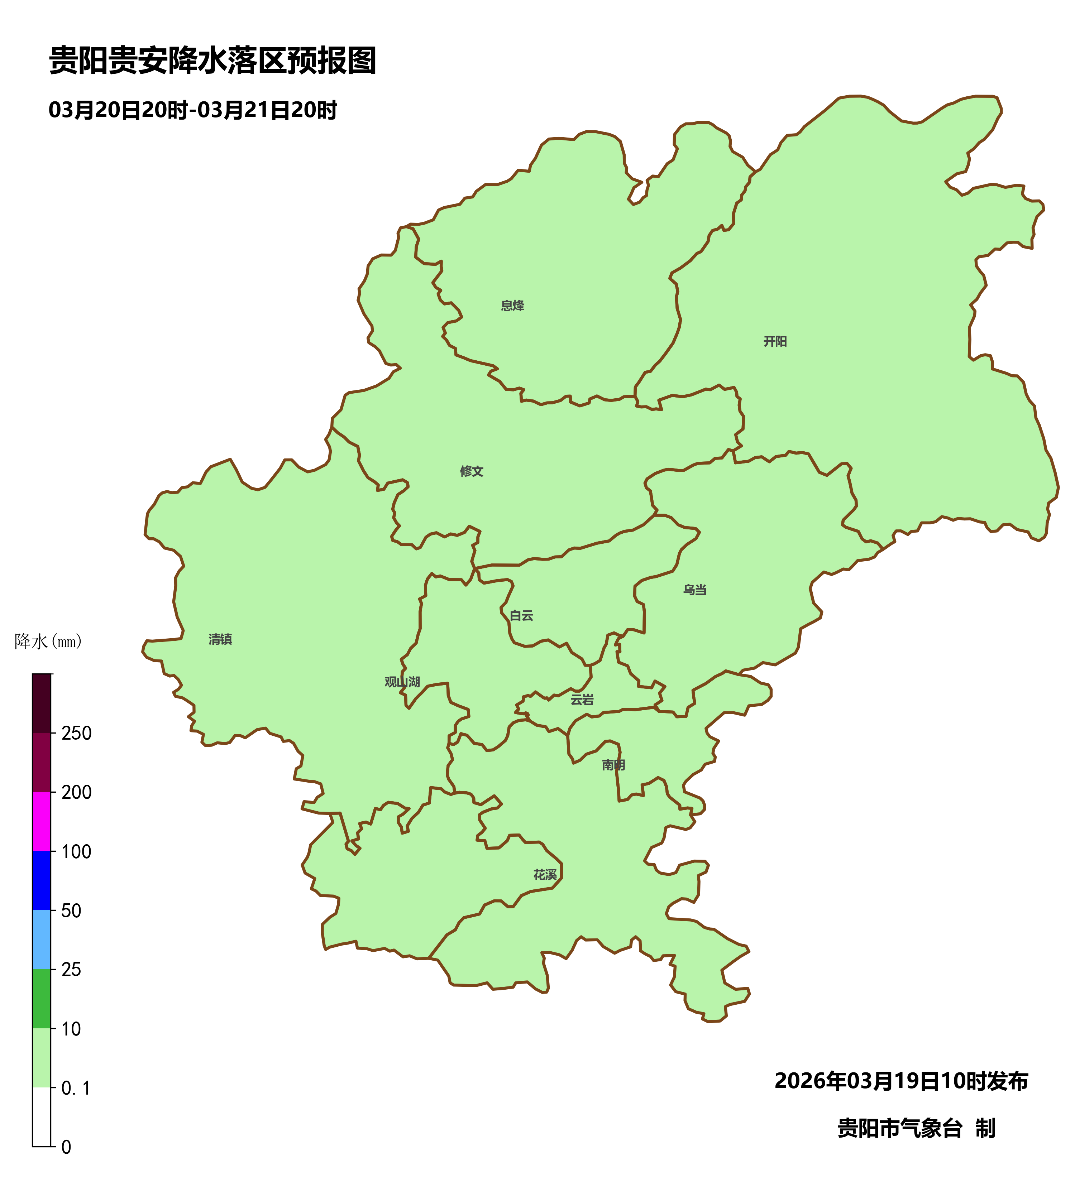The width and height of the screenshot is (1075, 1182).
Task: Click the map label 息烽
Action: click(x=512, y=306)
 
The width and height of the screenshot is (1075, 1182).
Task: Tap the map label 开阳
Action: click(x=775, y=341)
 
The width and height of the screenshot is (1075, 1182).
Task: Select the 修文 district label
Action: click(x=472, y=471)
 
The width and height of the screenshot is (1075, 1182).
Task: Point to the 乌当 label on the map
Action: click(x=694, y=590)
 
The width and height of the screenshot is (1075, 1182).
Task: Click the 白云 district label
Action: click(x=521, y=616)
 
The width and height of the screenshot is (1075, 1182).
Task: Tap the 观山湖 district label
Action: click(x=402, y=682)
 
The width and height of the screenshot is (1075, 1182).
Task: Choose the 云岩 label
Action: click(x=582, y=700)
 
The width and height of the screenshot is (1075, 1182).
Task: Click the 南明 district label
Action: click(x=613, y=765)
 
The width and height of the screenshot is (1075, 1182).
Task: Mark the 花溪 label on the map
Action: click(x=545, y=875)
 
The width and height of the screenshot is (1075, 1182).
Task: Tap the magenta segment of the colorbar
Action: click(x=41, y=821)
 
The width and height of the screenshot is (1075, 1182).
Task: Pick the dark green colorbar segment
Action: click(x=41, y=999)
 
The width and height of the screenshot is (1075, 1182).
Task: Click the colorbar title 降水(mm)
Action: click(x=48, y=642)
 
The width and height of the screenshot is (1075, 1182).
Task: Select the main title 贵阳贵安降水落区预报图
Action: click(x=212, y=61)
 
